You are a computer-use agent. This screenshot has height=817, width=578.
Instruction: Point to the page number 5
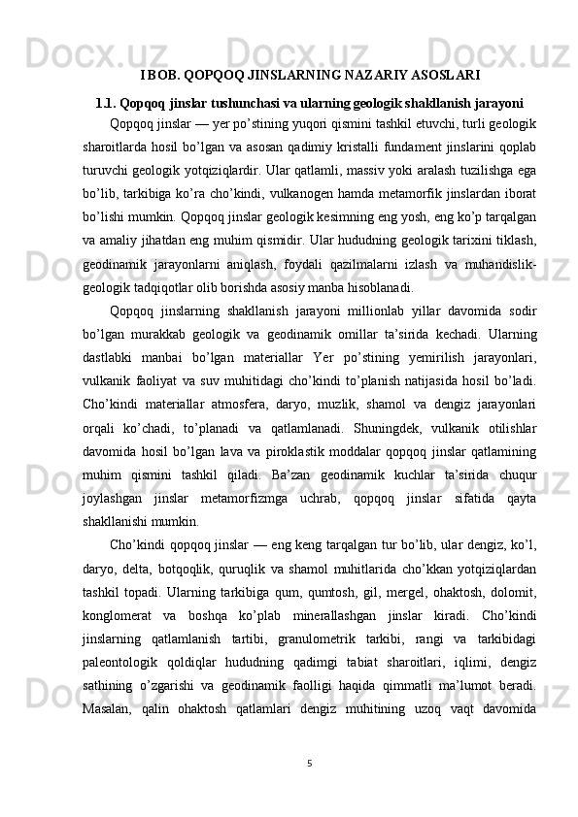pyautogui.click(x=308, y=762)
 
